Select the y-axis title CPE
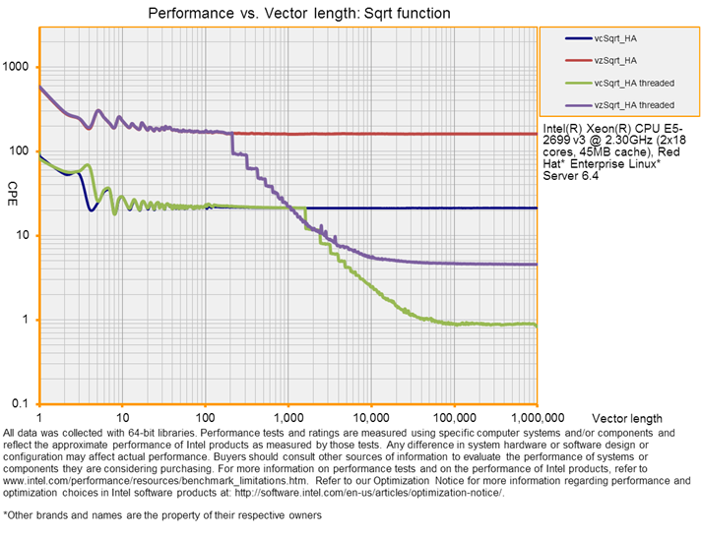[14, 188]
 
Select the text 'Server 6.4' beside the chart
[570, 177]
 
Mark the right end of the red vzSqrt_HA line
[536, 134]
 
